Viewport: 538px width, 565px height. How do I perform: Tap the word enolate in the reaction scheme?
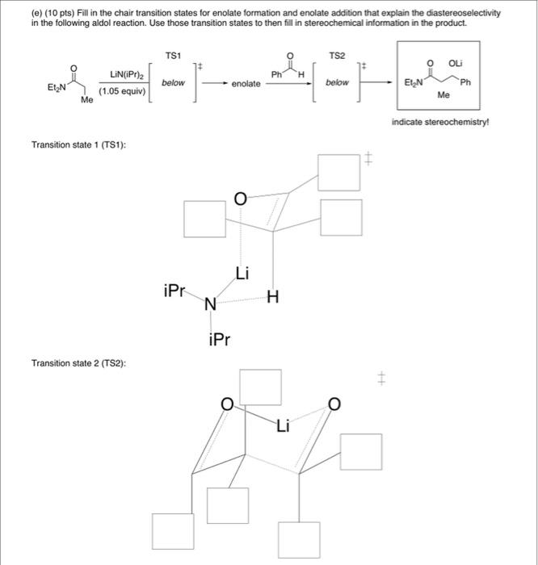(x=246, y=83)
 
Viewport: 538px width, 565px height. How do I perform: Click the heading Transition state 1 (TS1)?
(x=78, y=144)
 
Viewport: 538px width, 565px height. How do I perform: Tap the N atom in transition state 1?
(x=210, y=304)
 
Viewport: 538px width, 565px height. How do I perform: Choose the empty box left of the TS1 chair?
(x=204, y=220)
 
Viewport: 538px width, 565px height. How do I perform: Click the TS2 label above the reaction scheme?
(x=337, y=55)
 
